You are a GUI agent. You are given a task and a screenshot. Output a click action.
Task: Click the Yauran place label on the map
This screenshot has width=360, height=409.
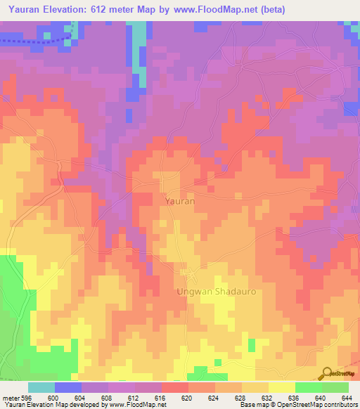[x=179, y=200]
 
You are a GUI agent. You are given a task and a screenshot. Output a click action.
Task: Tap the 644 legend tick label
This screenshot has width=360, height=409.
[x=347, y=398]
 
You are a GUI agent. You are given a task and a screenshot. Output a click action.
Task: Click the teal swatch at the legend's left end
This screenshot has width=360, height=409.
[x=41, y=387]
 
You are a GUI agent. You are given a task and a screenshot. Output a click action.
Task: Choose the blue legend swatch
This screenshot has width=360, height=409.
[x=68, y=387]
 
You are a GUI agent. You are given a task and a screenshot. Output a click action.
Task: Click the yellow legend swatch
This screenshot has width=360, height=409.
[x=281, y=387]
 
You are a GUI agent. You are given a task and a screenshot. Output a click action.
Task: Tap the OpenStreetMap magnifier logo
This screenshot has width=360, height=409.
[x=327, y=372]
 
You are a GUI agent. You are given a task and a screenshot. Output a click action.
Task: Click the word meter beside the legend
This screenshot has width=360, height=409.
[x=11, y=398]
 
